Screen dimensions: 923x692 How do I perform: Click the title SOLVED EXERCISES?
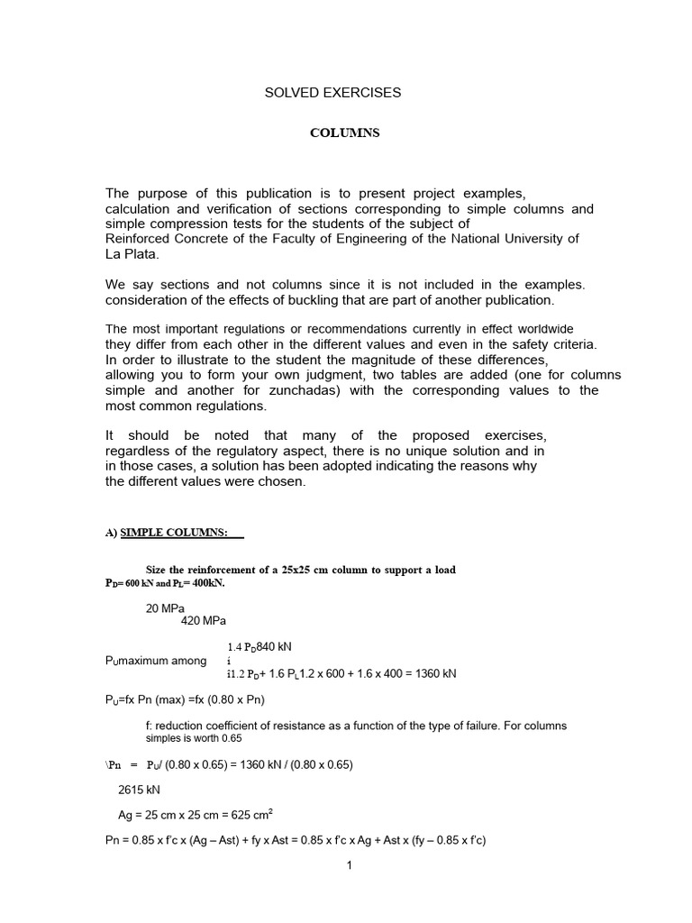(x=332, y=93)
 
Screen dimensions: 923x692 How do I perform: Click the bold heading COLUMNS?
(x=345, y=133)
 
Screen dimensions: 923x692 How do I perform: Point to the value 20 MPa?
(x=164, y=608)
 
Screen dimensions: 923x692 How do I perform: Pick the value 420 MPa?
(x=204, y=621)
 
